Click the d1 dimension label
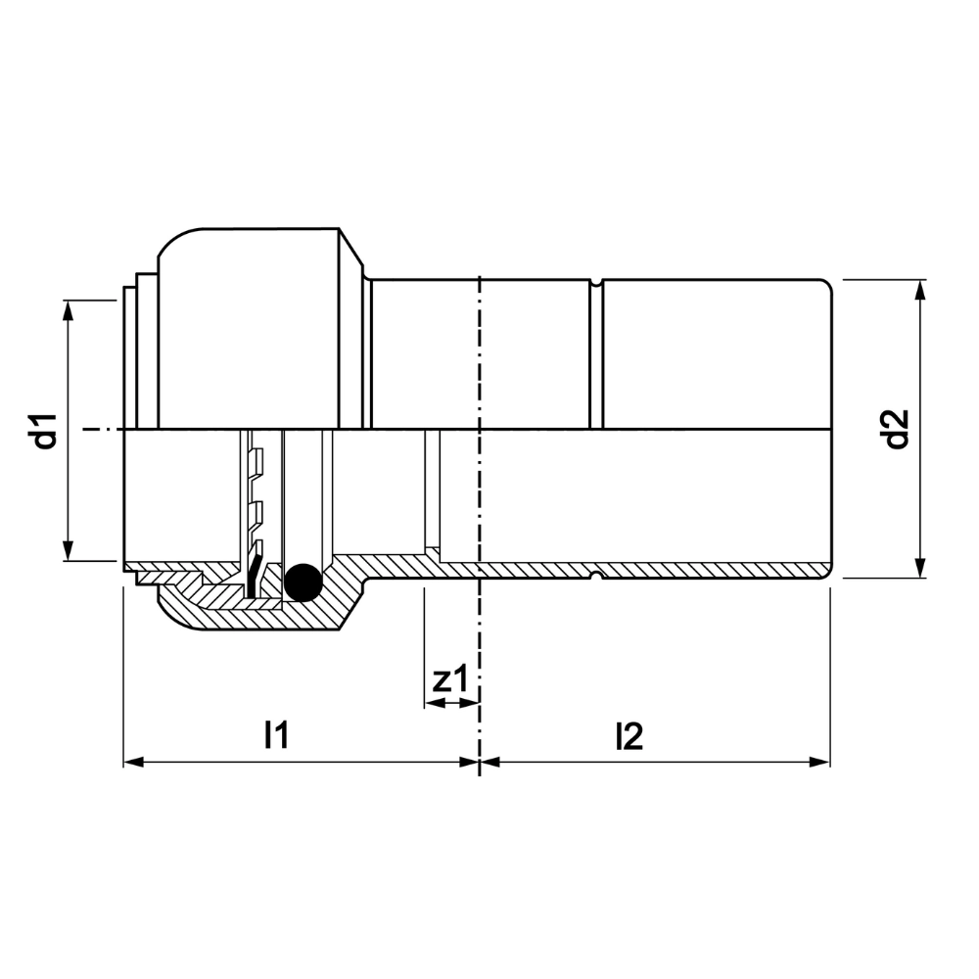pos(46,430)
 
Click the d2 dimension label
pos(897,429)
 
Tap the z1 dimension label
pos(449,679)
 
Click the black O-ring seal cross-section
pos(303,583)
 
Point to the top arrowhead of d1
pos(69,309)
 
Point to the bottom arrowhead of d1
pos(69,550)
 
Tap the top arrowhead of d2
pos(919,291)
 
